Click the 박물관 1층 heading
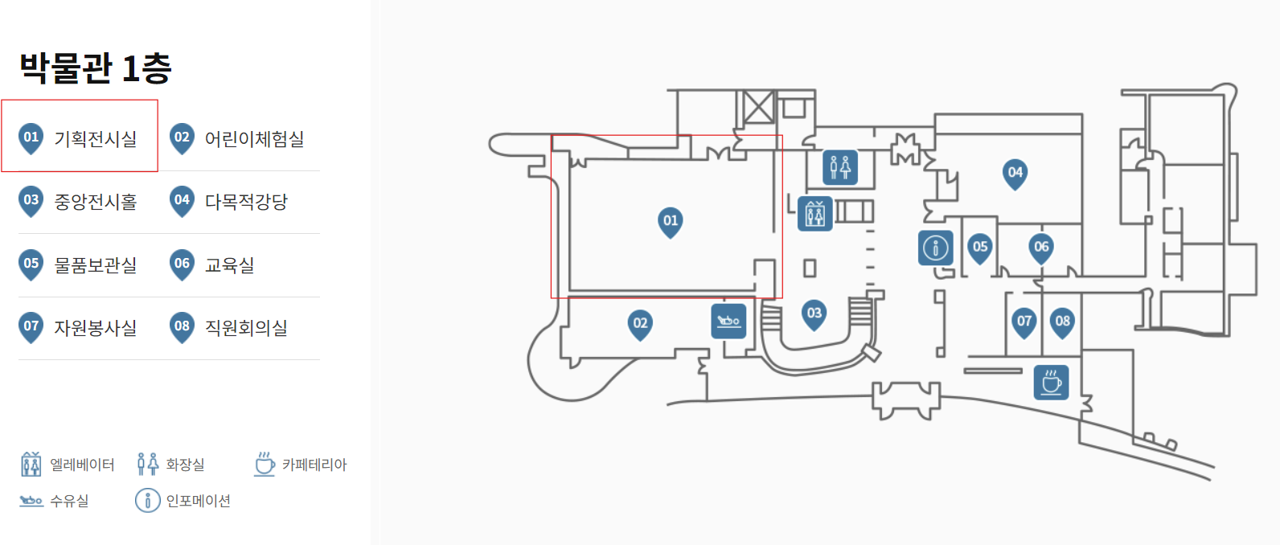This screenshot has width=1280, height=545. coord(96,68)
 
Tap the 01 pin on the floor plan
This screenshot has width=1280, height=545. coord(671,222)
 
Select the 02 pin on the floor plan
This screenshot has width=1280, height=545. coord(640,325)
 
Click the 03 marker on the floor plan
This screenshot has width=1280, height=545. coord(814,314)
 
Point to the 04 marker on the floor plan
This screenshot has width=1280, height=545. coord(1015,174)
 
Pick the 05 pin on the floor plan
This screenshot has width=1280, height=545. coord(980,248)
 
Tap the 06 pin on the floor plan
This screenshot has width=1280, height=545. coord(1041,248)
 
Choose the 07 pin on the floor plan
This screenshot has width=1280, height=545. coord(1024,322)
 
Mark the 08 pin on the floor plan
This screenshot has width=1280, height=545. coord(1062,322)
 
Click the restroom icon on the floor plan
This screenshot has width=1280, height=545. coord(840,167)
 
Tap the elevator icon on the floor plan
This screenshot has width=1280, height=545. coord(814,214)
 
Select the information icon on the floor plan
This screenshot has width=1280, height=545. coord(935,248)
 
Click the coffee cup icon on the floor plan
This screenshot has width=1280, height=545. coord(1051,382)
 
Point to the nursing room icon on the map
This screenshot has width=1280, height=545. coord(728,321)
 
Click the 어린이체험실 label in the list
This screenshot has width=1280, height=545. coord(254,139)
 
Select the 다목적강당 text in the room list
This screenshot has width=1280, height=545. coord(246,202)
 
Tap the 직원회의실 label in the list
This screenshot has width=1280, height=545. coord(246,328)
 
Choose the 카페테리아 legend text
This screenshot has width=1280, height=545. coord(314,465)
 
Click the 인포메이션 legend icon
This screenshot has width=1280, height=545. coord(147,501)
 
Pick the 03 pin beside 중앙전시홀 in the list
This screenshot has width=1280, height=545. coord(31,202)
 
